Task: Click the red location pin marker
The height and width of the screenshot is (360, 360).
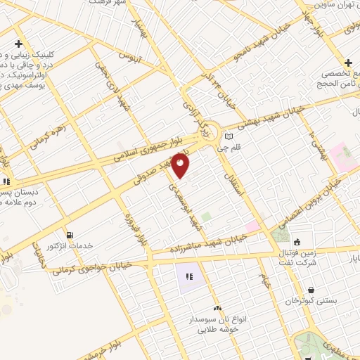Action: pos(181,166)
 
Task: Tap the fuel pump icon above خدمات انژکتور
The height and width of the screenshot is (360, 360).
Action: pos(69,235)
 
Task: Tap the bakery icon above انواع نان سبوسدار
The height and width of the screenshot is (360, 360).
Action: pos(217,308)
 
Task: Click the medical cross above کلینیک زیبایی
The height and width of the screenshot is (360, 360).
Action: pos(20,44)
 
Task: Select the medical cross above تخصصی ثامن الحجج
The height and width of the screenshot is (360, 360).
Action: pos(349,63)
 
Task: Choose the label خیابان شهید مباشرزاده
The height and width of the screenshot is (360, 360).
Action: pos(207,245)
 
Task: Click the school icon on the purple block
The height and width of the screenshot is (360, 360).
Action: pos(190,276)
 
